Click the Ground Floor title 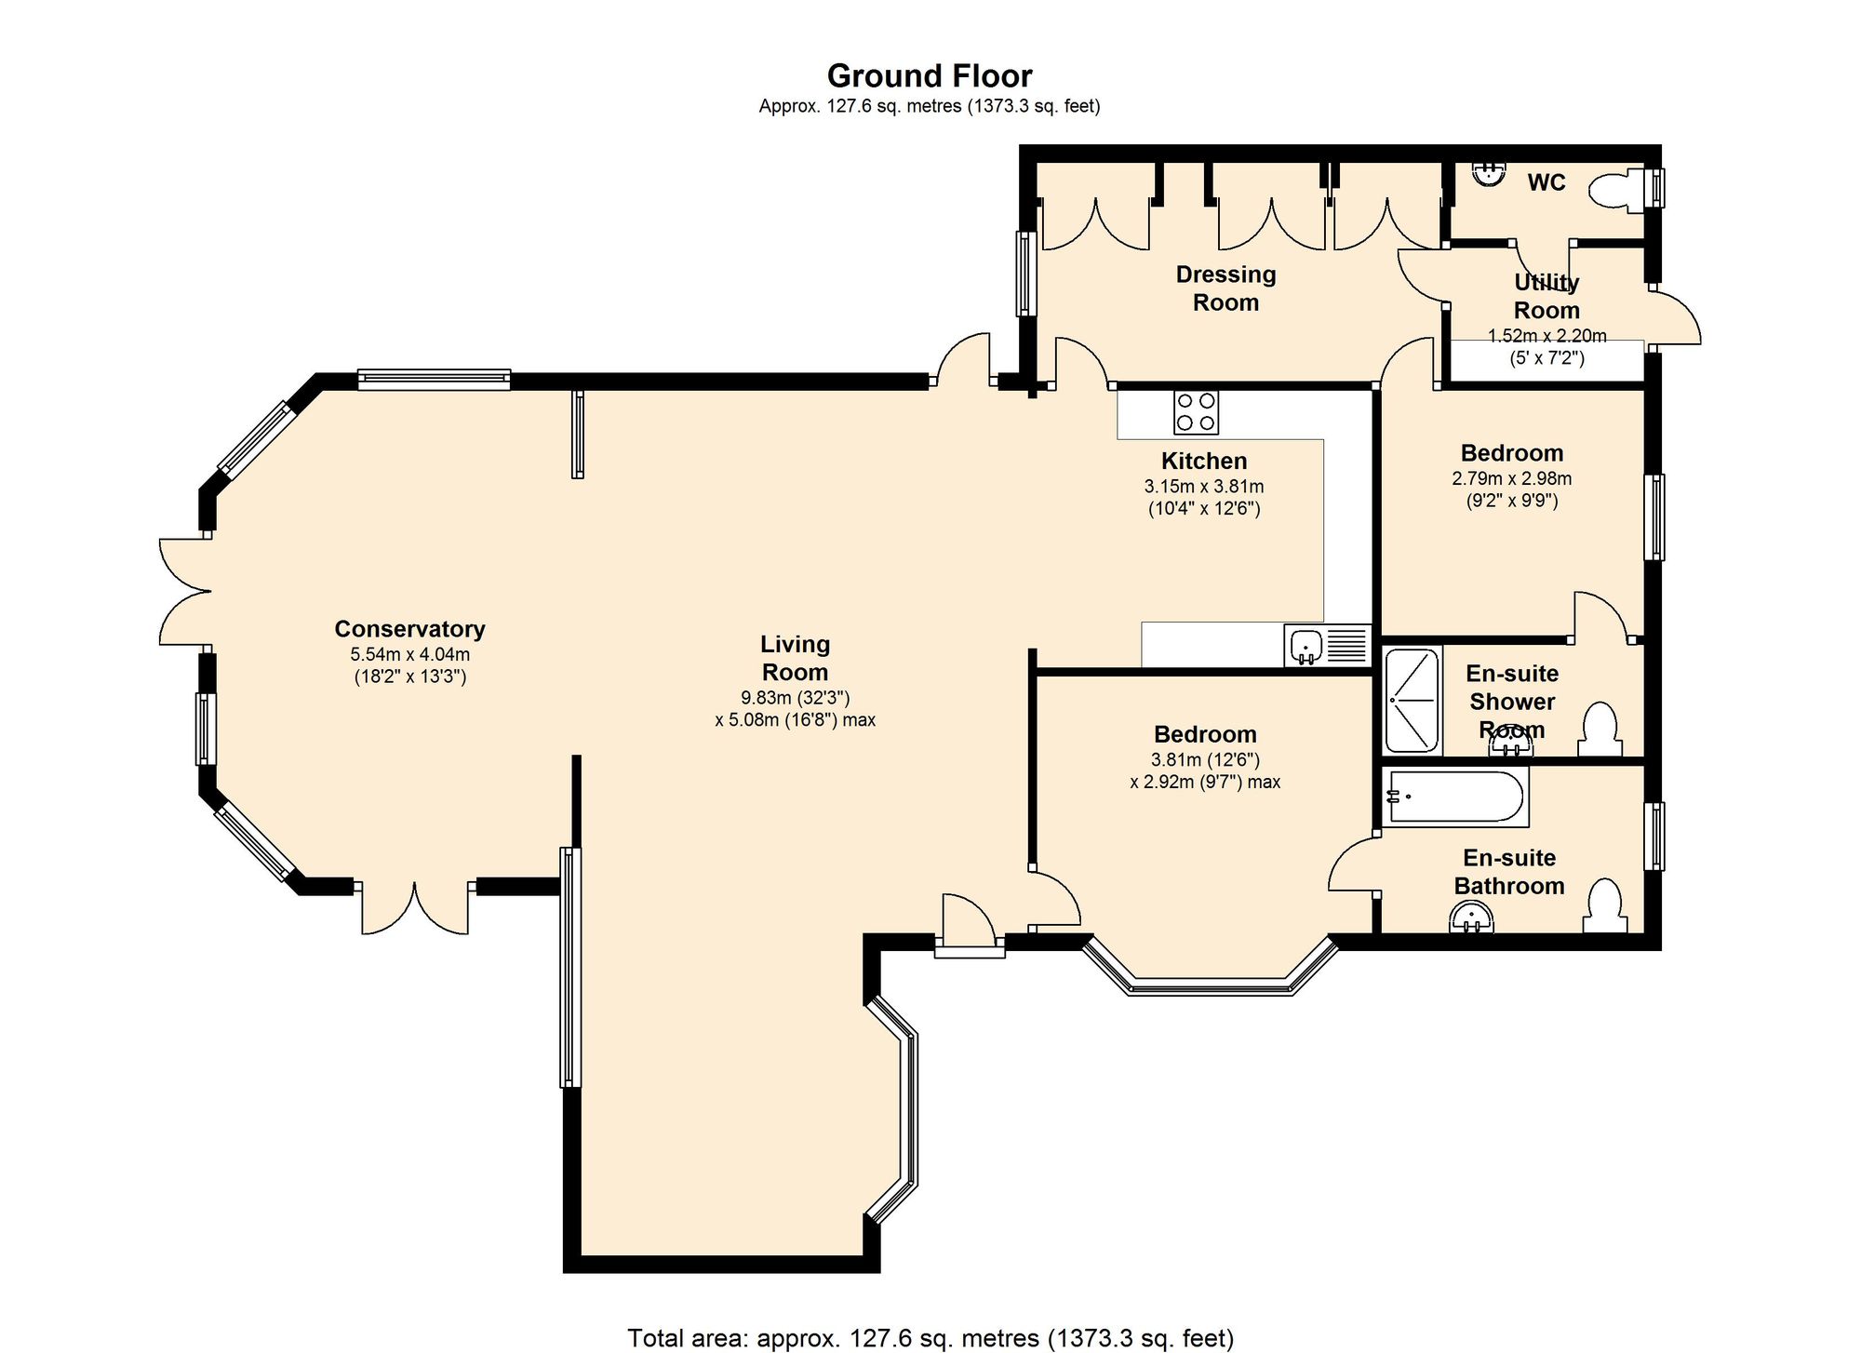930,75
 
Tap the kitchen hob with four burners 1196,413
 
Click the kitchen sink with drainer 1328,645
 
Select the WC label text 1546,182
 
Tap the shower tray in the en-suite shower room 1412,700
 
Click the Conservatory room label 409,629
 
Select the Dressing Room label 1225,288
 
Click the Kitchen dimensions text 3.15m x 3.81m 1204,486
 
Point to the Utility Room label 1546,296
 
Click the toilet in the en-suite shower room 1600,730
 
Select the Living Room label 795,658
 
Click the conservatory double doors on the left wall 185,591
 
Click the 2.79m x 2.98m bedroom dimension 1511,479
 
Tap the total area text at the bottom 930,1338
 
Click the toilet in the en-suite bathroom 1605,905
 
